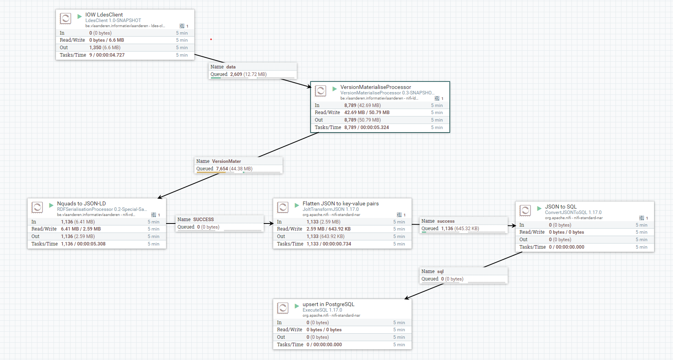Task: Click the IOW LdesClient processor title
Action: point(104,15)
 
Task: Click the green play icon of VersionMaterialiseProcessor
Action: point(335,89)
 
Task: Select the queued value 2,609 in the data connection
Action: point(236,74)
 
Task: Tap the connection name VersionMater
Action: point(226,161)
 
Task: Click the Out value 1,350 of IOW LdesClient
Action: point(95,48)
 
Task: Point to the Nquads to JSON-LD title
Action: point(81,203)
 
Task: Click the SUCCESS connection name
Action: point(203,220)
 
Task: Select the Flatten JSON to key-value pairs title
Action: point(340,203)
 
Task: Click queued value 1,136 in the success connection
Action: point(447,229)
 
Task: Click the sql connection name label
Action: point(440,271)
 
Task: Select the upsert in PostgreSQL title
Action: point(328,304)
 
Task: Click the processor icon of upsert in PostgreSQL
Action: point(283,308)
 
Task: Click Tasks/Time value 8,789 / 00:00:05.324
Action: point(366,127)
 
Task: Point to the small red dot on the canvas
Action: point(211,39)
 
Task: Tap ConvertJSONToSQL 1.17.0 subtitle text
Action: point(573,212)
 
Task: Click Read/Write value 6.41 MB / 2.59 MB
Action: point(81,229)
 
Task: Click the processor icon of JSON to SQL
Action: point(525,210)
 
